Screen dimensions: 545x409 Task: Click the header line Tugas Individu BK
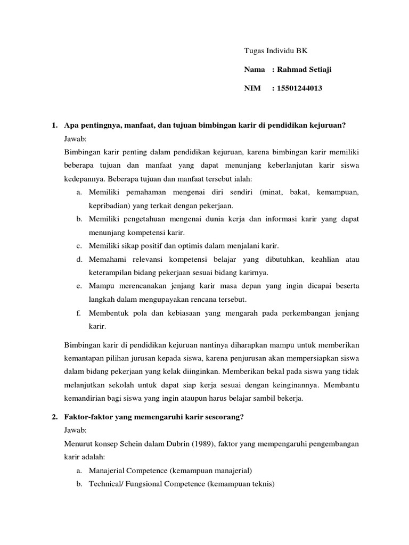click(275, 51)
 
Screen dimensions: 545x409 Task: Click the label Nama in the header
click(255, 70)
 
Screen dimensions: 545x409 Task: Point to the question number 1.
click(54, 125)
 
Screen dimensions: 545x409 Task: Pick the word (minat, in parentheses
click(274, 192)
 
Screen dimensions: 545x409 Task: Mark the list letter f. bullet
click(78, 312)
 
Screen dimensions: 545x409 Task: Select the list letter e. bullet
click(78, 286)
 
